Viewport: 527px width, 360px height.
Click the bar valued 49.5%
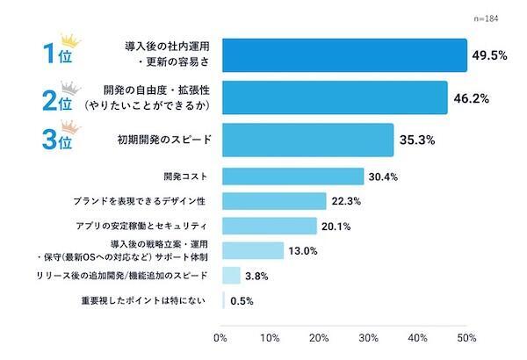pos(343,54)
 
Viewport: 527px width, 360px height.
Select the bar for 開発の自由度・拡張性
pos(335,97)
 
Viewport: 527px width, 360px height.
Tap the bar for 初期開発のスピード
pos(308,140)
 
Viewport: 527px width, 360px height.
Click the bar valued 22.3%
pos(273,201)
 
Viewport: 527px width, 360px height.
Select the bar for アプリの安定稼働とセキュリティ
pos(268,226)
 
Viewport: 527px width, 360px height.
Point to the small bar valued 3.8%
pos(230,275)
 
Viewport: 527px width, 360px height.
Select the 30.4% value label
pos(383,176)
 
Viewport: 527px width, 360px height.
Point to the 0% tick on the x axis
pos(220,337)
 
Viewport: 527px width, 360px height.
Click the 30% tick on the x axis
pos(369,337)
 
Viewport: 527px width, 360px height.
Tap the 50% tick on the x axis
pos(466,337)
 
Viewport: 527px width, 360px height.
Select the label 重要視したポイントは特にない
pos(144,300)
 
